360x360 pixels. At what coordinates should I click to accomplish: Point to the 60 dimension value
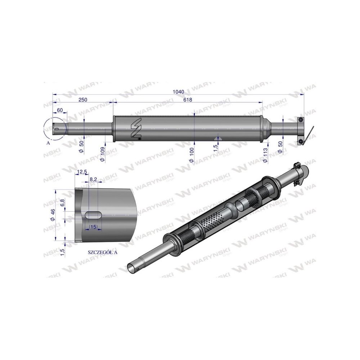60,109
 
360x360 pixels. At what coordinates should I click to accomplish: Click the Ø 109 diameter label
103,154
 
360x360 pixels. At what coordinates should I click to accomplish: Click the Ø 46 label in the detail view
53,215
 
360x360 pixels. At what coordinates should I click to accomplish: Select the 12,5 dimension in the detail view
82,172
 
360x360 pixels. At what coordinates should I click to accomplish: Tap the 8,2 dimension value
93,179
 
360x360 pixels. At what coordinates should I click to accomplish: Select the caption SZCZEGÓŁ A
103,252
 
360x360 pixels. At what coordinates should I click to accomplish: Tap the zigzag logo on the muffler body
136,127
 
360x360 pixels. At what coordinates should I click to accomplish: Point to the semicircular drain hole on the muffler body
217,139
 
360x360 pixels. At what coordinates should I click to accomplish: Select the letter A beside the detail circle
48,143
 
